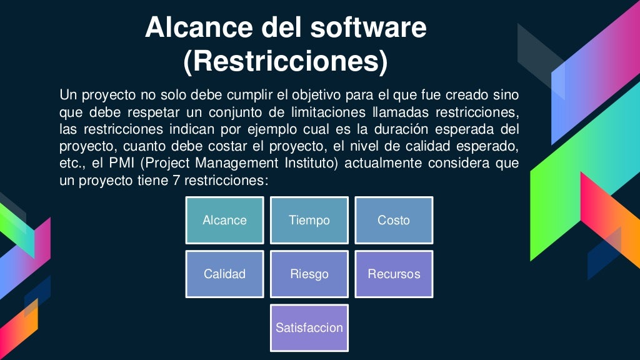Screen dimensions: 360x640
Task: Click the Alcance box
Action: [x=224, y=220]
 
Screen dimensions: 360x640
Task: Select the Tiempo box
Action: [x=309, y=220]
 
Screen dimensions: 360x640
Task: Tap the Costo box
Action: [x=394, y=220]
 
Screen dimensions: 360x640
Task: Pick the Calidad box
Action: [x=224, y=274]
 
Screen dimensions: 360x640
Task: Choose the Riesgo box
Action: [x=309, y=274]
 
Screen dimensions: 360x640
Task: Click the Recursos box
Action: [x=394, y=274]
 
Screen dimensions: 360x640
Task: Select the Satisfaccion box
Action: [x=309, y=327]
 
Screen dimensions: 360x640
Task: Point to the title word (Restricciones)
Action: [x=286, y=61]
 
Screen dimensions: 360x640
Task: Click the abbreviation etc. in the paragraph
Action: [x=72, y=164]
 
